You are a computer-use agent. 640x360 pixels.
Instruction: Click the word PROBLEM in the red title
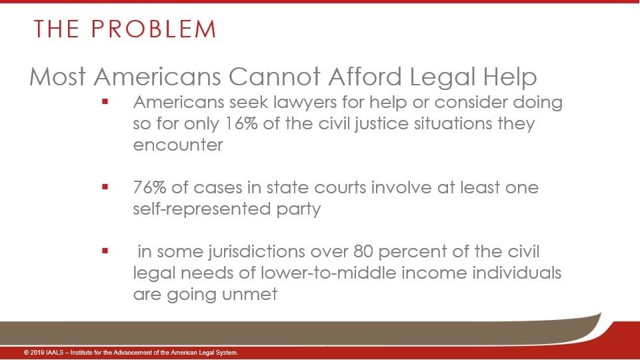pos(153,29)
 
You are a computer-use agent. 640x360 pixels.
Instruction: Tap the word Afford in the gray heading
pos(365,76)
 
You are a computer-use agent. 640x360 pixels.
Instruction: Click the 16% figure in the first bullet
pos(241,123)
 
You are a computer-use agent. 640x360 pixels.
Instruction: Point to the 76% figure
pos(149,187)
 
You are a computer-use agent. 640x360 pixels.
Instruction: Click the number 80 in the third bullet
pos(363,251)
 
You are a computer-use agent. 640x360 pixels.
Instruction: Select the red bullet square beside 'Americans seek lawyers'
pos(105,101)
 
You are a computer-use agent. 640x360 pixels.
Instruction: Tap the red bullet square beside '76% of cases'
pos(105,187)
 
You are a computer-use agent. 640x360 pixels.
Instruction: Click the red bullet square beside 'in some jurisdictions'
pos(105,251)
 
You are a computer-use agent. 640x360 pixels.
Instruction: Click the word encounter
pos(178,145)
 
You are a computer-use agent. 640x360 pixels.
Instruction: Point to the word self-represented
pos(202,209)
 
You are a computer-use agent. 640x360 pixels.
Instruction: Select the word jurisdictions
pos(256,252)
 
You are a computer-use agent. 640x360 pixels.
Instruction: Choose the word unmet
pos(249,294)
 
